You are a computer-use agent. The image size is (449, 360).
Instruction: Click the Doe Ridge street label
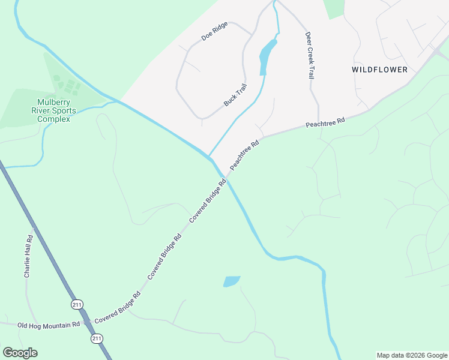[x=214, y=31]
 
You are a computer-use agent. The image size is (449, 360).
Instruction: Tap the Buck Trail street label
[x=235, y=95]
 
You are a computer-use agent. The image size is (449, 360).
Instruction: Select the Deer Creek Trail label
[x=310, y=56]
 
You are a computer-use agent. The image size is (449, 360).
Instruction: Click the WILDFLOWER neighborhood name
[x=379, y=70]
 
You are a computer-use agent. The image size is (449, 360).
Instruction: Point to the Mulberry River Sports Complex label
[x=54, y=110]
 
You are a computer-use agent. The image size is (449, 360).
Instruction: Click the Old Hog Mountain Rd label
[x=49, y=325]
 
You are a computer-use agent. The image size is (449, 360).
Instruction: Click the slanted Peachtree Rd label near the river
[x=244, y=154]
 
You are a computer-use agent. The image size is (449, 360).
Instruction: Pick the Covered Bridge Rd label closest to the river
[x=208, y=203]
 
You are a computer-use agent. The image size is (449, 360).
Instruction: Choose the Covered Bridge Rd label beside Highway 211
[x=117, y=305]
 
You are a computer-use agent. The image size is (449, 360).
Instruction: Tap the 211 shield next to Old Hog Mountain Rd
[x=97, y=339]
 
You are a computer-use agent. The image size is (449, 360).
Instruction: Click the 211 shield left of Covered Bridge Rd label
[x=76, y=304]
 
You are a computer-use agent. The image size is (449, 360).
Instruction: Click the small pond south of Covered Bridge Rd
[x=232, y=281]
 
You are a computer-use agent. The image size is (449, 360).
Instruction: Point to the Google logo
[x=20, y=353]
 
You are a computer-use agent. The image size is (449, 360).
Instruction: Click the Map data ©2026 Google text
[x=412, y=355]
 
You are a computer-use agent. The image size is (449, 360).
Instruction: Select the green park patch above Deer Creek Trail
[x=334, y=8]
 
